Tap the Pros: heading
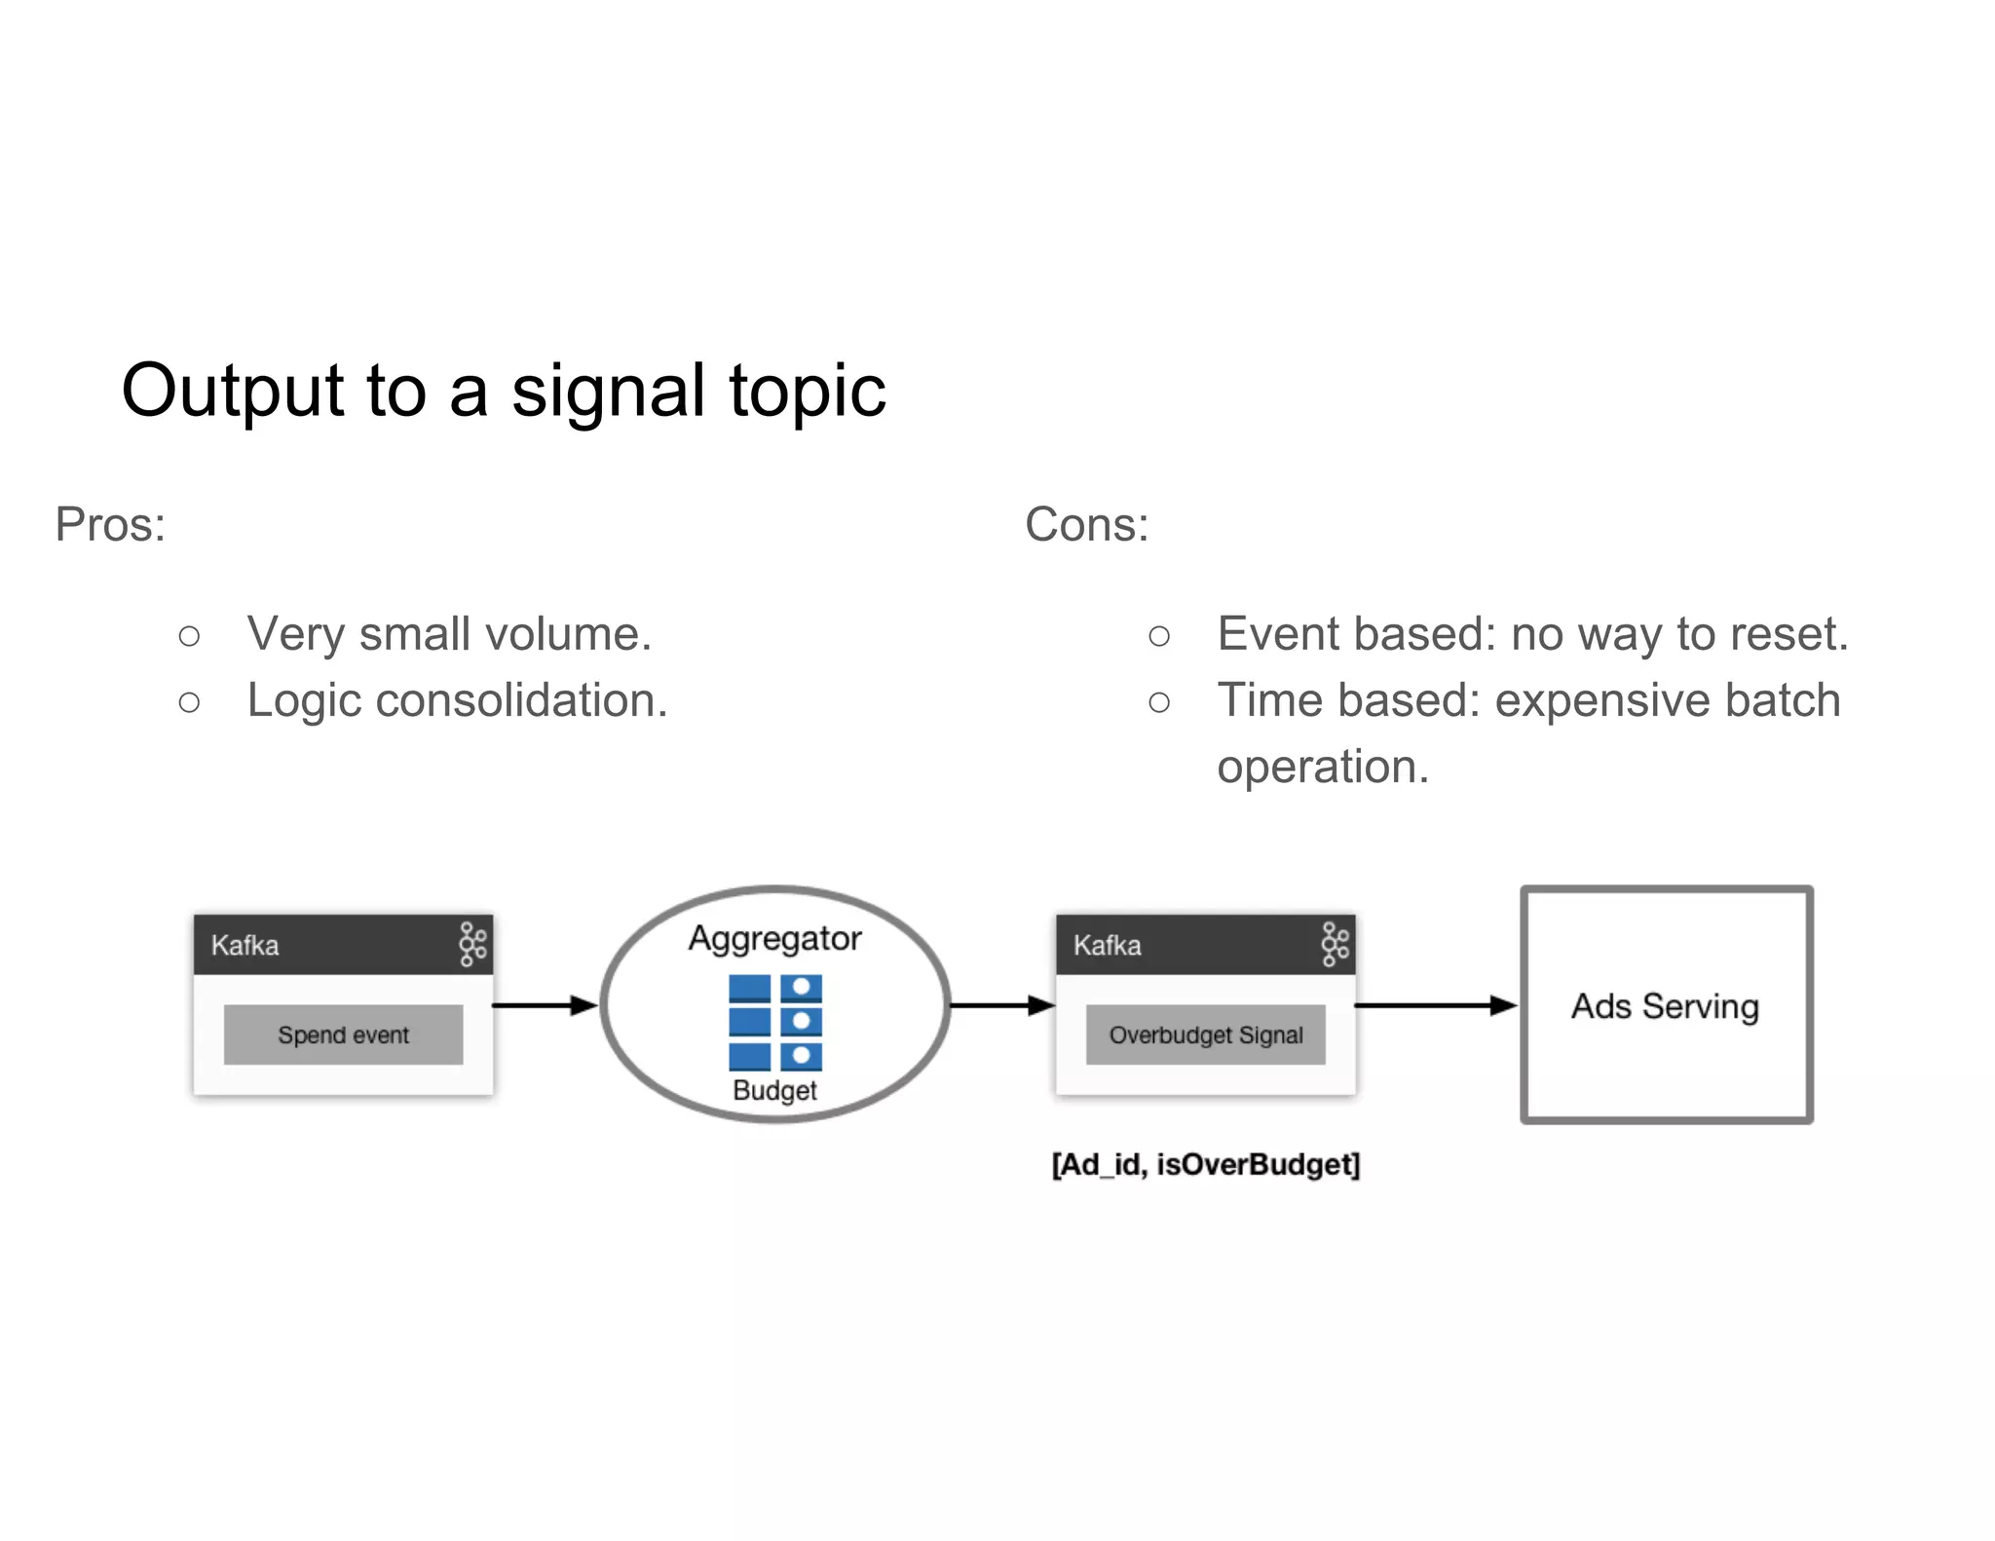[110, 525]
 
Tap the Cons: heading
[1086, 525]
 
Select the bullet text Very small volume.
[449, 634]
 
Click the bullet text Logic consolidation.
[457, 700]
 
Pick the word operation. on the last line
[1322, 767]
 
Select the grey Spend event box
[343, 1034]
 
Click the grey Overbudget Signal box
[1205, 1034]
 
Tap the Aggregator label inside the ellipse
[774, 939]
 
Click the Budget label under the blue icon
[774, 1090]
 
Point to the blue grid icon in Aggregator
[774, 1023]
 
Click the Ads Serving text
[1665, 1006]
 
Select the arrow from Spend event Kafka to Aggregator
[544, 1005]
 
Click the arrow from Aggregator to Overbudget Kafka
[1000, 1005]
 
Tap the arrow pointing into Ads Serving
[1434, 1005]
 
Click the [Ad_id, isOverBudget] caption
[1205, 1165]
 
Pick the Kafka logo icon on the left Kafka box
[472, 945]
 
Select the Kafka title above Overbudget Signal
[1107, 946]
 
